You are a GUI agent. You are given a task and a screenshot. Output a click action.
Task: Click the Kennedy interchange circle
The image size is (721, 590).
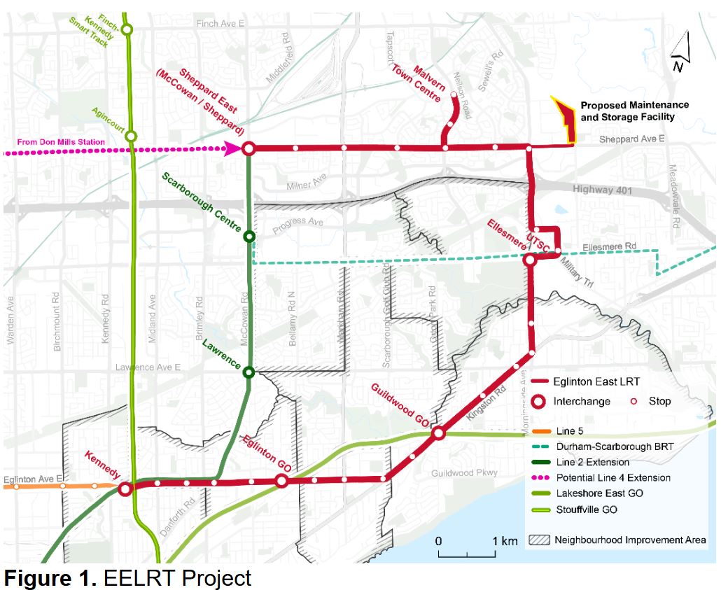126,489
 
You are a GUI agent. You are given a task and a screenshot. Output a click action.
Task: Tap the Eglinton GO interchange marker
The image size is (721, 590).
281,481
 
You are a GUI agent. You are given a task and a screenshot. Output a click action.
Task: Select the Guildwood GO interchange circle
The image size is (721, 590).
438,434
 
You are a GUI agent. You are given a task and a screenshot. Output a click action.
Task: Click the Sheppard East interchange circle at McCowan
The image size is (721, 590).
248,148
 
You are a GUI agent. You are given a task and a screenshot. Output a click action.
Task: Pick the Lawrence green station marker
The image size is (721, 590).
248,372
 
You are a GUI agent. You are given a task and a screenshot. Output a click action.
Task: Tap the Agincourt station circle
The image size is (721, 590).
131,136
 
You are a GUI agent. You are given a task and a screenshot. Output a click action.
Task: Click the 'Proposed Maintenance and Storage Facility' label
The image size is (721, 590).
634,111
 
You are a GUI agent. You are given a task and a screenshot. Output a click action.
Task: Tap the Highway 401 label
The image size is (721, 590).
606,189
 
